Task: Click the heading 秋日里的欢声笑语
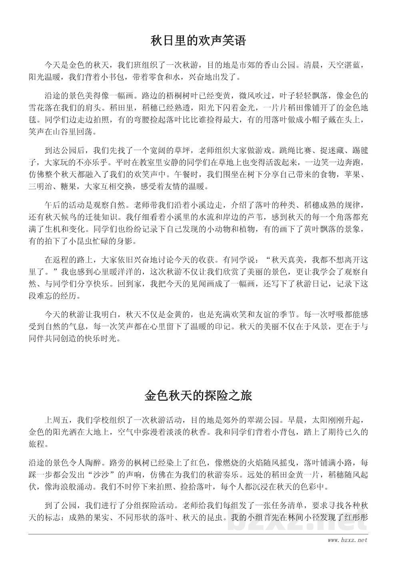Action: (198, 40)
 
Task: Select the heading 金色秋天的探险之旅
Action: (198, 396)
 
